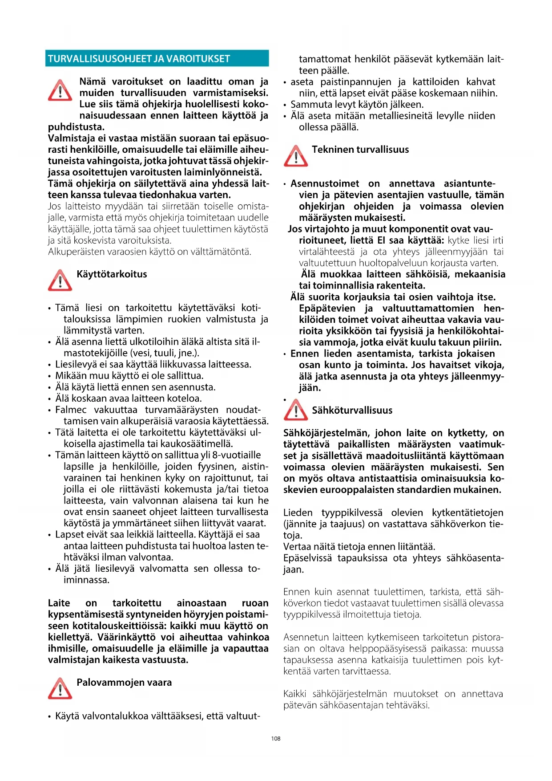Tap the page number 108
pos(276,738)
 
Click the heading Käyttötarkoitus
pos(112,274)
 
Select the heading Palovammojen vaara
pos(124,683)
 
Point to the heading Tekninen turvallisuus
pos(360,150)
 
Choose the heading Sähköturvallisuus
pos(352,411)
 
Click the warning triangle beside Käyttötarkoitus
pos(60,281)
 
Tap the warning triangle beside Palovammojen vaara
pos(60,688)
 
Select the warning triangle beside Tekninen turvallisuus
pos(296,156)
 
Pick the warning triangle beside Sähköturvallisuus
pos(296,410)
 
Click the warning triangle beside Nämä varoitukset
pos(60,90)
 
